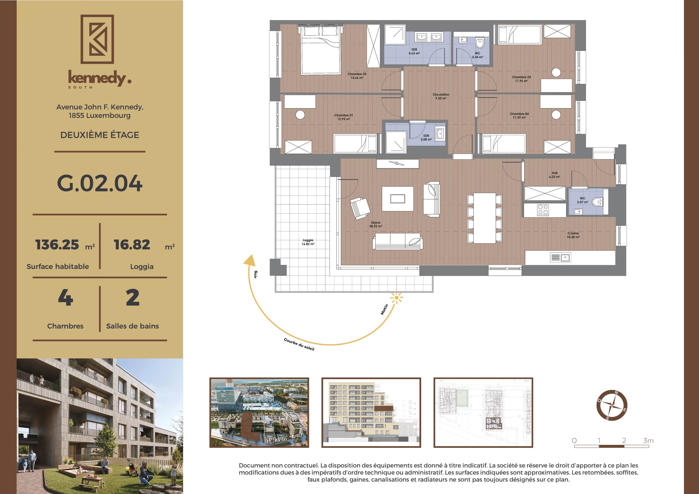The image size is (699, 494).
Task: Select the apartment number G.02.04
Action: [x=99, y=183]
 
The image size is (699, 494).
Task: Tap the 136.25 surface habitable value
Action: [x=57, y=245]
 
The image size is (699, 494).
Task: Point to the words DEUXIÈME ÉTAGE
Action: [x=99, y=135]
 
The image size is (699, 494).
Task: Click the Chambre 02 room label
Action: [x=357, y=76]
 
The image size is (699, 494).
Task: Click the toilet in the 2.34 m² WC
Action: [x=480, y=43]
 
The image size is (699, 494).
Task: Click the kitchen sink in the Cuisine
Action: [x=560, y=258]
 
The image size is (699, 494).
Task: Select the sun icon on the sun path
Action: [x=396, y=298]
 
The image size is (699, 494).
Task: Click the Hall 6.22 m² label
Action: [x=554, y=175]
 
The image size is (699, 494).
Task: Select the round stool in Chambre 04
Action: [x=556, y=115]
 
